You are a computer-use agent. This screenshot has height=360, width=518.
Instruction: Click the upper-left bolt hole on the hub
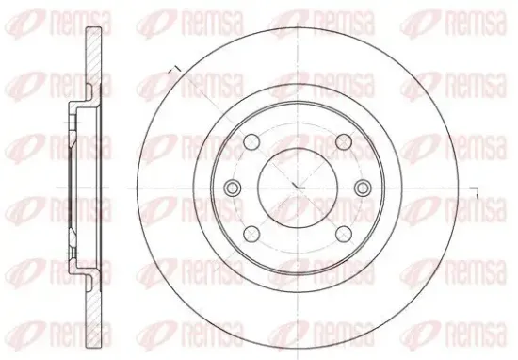click(x=251, y=142)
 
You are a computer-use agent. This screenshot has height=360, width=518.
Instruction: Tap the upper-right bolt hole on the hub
click(x=344, y=142)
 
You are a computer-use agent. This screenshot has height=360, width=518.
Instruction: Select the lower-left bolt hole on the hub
click(x=251, y=234)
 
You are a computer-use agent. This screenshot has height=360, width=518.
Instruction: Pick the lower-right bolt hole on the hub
click(x=344, y=234)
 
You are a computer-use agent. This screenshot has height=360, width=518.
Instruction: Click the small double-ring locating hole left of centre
click(x=233, y=188)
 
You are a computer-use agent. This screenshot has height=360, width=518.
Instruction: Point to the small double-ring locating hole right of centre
click(x=363, y=188)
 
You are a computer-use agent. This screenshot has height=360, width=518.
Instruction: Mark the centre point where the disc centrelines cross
click(x=298, y=188)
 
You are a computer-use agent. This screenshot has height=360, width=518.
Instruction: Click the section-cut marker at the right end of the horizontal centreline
click(x=474, y=191)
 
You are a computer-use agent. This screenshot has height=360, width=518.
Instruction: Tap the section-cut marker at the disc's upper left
click(x=174, y=71)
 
